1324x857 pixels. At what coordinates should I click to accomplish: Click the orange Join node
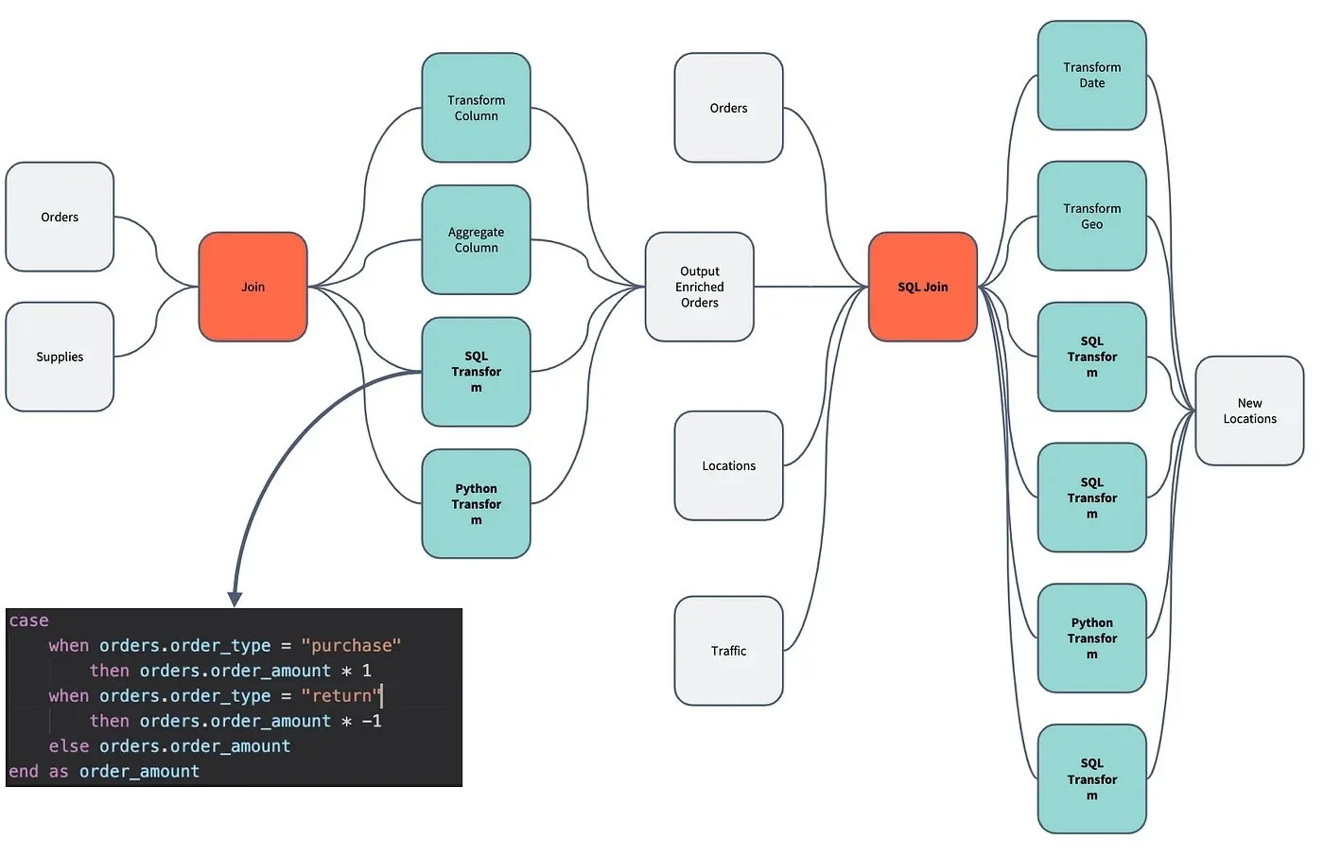pos(253,287)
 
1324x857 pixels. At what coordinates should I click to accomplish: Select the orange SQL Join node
pos(923,287)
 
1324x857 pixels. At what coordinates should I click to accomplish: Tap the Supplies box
pos(60,357)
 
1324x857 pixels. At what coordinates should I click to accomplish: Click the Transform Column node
pos(476,108)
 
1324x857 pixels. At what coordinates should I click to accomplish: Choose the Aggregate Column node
pos(476,239)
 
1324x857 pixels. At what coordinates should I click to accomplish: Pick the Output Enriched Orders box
pos(699,287)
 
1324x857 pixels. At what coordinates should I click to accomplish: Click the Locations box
pos(729,465)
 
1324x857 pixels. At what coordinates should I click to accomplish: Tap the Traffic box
pos(729,651)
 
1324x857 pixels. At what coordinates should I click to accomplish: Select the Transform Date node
pos(1091,75)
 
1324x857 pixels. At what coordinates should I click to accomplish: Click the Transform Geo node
pos(1091,216)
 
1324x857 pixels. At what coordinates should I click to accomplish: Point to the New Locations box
pos(1249,411)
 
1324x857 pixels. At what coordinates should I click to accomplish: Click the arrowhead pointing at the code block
pos(235,600)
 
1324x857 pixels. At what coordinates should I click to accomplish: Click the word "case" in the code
pos(29,621)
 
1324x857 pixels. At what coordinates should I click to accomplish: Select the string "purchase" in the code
pos(351,645)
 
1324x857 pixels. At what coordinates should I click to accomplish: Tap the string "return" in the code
pos(341,695)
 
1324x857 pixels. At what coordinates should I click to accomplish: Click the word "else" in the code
pos(69,746)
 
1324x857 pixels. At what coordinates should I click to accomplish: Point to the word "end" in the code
pos(24,771)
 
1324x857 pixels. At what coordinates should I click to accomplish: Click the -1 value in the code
pos(372,721)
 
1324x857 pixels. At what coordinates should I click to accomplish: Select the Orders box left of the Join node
pos(60,217)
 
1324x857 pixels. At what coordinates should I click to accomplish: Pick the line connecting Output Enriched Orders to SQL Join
pos(811,287)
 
